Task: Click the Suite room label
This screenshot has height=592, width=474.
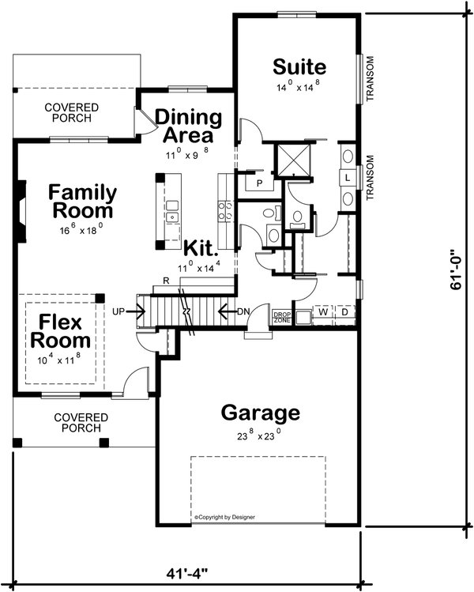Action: click(x=299, y=65)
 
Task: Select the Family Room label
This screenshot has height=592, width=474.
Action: click(x=82, y=202)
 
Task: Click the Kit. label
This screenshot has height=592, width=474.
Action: click(x=201, y=248)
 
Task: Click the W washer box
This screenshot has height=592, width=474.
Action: click(x=324, y=312)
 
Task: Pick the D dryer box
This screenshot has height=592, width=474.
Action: click(x=344, y=312)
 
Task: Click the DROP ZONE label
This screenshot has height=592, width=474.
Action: click(x=282, y=316)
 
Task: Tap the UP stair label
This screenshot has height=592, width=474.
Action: click(x=120, y=311)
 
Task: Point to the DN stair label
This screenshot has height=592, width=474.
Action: click(x=243, y=311)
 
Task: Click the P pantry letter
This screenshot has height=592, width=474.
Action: click(x=258, y=183)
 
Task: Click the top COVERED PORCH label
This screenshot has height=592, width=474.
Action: click(x=72, y=112)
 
